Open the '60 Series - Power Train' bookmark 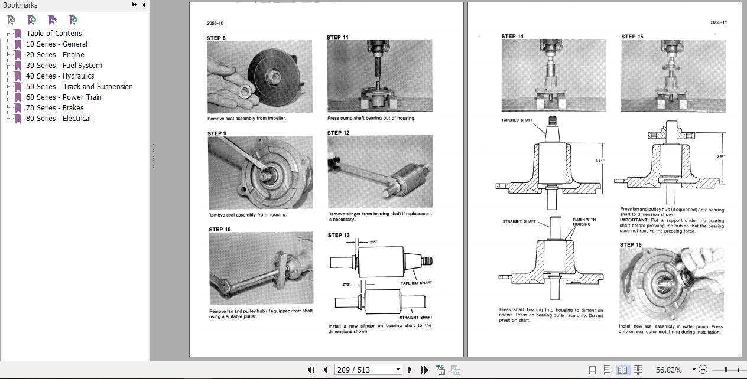coord(63,97)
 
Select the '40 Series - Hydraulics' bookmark coord(60,76)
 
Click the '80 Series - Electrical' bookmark coord(58,118)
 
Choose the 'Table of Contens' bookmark coord(54,33)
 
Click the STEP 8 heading coord(216,38)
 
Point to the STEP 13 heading coord(339,235)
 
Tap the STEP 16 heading coord(631,244)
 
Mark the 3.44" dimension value coord(720,156)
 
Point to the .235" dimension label coord(372,242)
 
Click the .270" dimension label coord(347,285)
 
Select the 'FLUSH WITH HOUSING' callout coord(584,222)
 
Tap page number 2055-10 coord(215,24)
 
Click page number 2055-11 coord(719,22)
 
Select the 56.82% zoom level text coord(669,370)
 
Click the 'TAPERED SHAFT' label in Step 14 coord(517,120)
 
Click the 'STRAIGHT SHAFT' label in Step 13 coord(415,318)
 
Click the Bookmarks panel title coord(20,5)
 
